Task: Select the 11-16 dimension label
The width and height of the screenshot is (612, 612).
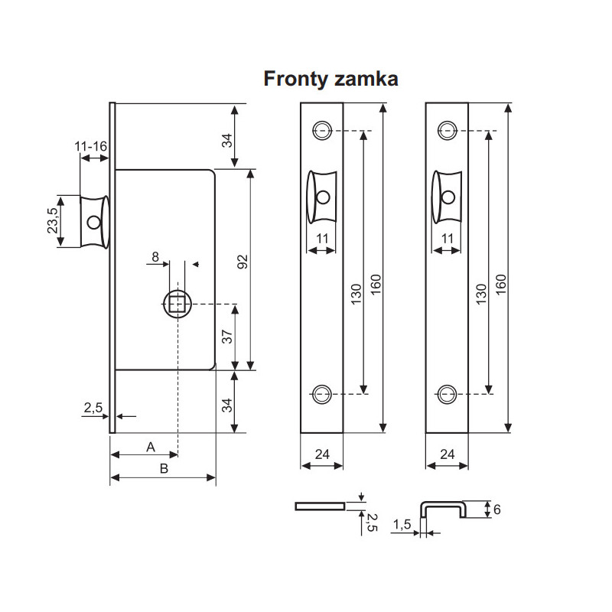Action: tap(91, 145)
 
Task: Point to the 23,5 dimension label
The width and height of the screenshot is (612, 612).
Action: tap(53, 222)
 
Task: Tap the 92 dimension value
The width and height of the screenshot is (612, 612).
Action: tap(243, 262)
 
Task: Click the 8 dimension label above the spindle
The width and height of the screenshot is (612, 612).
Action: tap(155, 258)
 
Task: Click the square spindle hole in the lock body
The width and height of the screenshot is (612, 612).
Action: tap(177, 304)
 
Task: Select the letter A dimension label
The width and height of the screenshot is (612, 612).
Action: tap(151, 445)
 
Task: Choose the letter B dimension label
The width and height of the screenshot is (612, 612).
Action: tap(163, 469)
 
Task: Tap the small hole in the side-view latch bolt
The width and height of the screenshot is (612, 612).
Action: tap(93, 223)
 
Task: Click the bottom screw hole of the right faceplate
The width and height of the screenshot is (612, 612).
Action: tap(446, 394)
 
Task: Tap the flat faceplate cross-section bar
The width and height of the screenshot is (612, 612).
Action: tap(320, 505)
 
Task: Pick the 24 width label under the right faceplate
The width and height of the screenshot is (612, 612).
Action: tap(447, 454)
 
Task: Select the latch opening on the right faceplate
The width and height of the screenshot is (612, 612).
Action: tap(446, 197)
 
